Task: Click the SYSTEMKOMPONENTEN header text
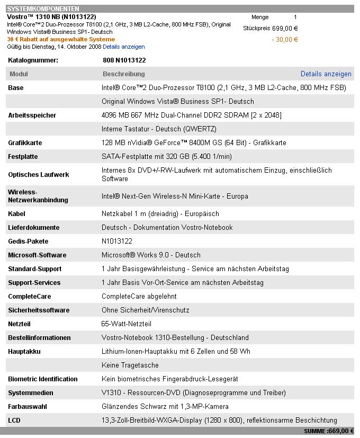click(43, 9)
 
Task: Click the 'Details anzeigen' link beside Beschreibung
click(326, 74)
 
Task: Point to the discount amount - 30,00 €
click(284, 40)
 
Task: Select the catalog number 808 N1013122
click(124, 60)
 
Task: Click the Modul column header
click(19, 74)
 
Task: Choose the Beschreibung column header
click(123, 74)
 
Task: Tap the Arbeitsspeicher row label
click(32, 115)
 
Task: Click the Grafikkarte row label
click(25, 143)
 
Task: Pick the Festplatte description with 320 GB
click(166, 157)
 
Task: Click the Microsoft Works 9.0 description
click(151, 255)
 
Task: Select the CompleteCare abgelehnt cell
click(139, 297)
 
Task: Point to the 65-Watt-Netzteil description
click(126, 324)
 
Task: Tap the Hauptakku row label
click(24, 352)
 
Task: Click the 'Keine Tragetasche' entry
click(130, 365)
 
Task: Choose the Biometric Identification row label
click(42, 379)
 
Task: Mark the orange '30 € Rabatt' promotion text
click(61, 40)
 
